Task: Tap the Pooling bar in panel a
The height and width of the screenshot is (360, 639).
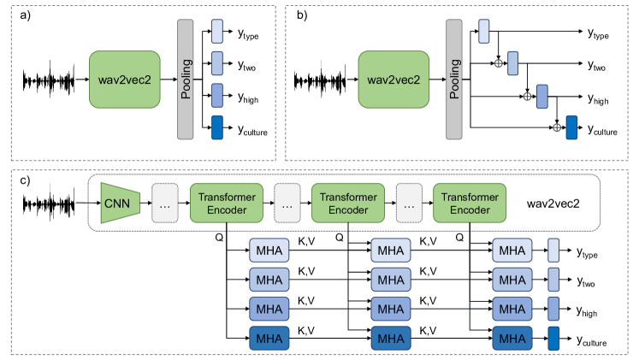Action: pos(186,79)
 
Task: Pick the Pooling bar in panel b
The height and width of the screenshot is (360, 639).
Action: pos(454,79)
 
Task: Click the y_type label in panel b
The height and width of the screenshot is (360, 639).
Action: pos(602,33)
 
